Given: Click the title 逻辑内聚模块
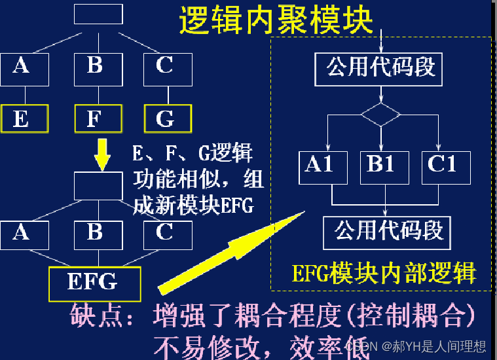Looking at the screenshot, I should point(276,20).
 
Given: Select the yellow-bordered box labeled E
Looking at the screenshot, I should point(24,118).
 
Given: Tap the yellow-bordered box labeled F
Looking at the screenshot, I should point(98,118).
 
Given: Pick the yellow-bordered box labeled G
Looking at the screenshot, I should point(168,118).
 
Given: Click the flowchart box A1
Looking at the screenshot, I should point(320,166).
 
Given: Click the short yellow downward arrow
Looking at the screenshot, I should point(101,154).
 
